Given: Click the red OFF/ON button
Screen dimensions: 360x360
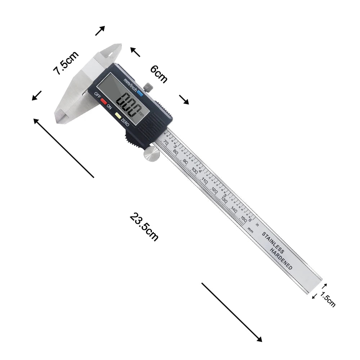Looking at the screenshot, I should [x=104, y=101].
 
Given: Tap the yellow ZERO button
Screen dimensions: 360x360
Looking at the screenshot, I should [x=118, y=116].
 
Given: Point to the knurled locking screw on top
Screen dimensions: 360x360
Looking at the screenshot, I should [x=148, y=87].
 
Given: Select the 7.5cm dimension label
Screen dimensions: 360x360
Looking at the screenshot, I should [x=66, y=63].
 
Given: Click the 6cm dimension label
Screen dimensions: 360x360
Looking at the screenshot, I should [x=159, y=74].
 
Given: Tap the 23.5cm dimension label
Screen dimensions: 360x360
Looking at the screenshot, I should [x=144, y=227].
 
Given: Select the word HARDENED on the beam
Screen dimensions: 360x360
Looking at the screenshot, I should [x=281, y=259].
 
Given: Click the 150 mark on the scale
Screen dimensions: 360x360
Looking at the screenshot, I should [x=243, y=218].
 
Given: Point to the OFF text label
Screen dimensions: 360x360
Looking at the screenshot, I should [x=97, y=95].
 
